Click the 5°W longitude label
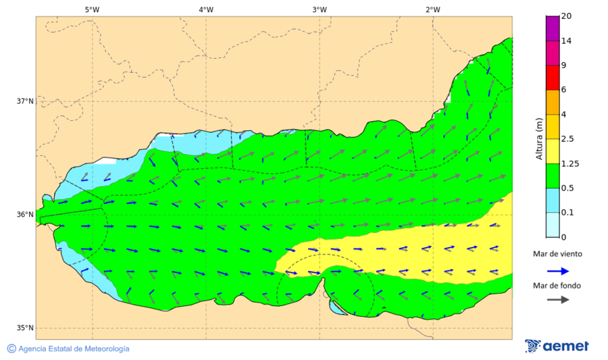click(93, 9)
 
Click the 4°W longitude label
click(206, 9)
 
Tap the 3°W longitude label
click(320, 9)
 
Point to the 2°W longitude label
click(433, 9)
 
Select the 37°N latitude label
click(25, 101)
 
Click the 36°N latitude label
click(25, 215)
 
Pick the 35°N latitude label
click(25, 328)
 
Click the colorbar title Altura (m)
click(539, 138)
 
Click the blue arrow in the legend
click(557, 270)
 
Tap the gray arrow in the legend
click(557, 300)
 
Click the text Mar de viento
click(557, 254)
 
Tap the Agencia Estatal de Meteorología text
click(74, 349)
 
